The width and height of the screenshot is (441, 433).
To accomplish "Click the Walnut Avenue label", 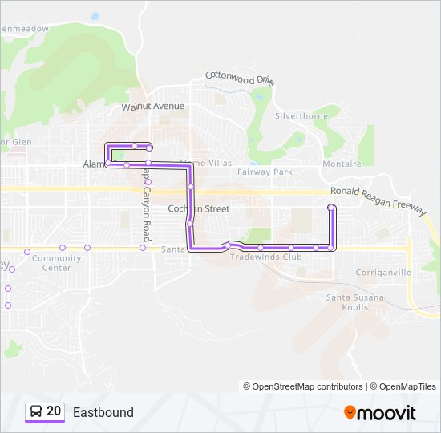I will pos(152,106).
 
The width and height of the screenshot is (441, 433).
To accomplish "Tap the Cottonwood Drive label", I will pos(240,79).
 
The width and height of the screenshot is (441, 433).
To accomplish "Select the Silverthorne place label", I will pos(301,115).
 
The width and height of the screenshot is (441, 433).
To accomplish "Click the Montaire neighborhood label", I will pos(341,164).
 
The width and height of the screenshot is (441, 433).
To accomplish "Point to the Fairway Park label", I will pos(265,172).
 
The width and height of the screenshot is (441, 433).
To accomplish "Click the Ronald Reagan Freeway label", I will pos(378,198).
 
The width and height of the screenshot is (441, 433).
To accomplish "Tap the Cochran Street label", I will pos(198,208).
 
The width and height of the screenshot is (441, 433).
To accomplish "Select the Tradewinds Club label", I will pos(265,257).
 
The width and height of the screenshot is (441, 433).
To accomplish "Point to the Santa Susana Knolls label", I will pos(354,302).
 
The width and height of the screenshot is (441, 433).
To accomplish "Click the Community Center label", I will pos(56,263).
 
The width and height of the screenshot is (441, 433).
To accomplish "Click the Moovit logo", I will pos(380,413).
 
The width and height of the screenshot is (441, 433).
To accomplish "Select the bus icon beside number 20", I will pos(36,411).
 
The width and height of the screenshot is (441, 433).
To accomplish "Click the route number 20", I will pos(54,411).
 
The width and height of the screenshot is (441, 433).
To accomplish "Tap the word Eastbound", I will pos(103,412).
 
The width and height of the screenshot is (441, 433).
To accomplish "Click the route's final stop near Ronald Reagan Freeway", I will pos(331,208).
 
